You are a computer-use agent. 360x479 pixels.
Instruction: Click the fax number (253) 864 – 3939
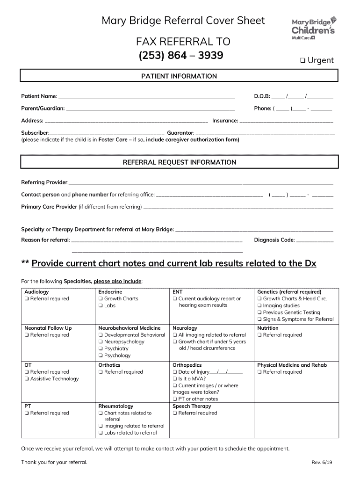tap(180, 56)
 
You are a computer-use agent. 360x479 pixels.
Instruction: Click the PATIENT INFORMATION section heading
tap(179, 76)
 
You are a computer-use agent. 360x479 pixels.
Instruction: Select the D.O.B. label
tap(262, 96)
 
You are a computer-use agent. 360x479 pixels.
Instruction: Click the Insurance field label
tap(225, 121)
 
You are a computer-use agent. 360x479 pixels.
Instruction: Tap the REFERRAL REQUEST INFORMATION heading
tap(179, 162)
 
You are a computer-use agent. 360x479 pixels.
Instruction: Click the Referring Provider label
tap(44, 182)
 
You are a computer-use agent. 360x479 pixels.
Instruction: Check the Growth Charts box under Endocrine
tap(101, 299)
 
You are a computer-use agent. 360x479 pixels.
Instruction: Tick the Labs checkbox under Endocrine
tap(101, 306)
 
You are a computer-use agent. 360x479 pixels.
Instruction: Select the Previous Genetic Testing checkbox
tap(259, 312)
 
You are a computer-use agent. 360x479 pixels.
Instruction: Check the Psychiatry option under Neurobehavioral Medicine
tap(101, 348)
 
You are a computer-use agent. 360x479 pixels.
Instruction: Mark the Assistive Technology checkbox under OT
tap(27, 379)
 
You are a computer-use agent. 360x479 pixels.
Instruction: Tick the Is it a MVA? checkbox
tap(175, 379)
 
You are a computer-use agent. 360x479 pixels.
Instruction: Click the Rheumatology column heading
tap(115, 406)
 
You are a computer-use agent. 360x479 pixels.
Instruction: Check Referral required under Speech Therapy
tap(175, 413)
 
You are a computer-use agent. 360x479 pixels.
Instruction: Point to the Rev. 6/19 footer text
tap(322, 463)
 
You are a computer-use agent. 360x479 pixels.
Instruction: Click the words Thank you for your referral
tap(54, 462)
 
